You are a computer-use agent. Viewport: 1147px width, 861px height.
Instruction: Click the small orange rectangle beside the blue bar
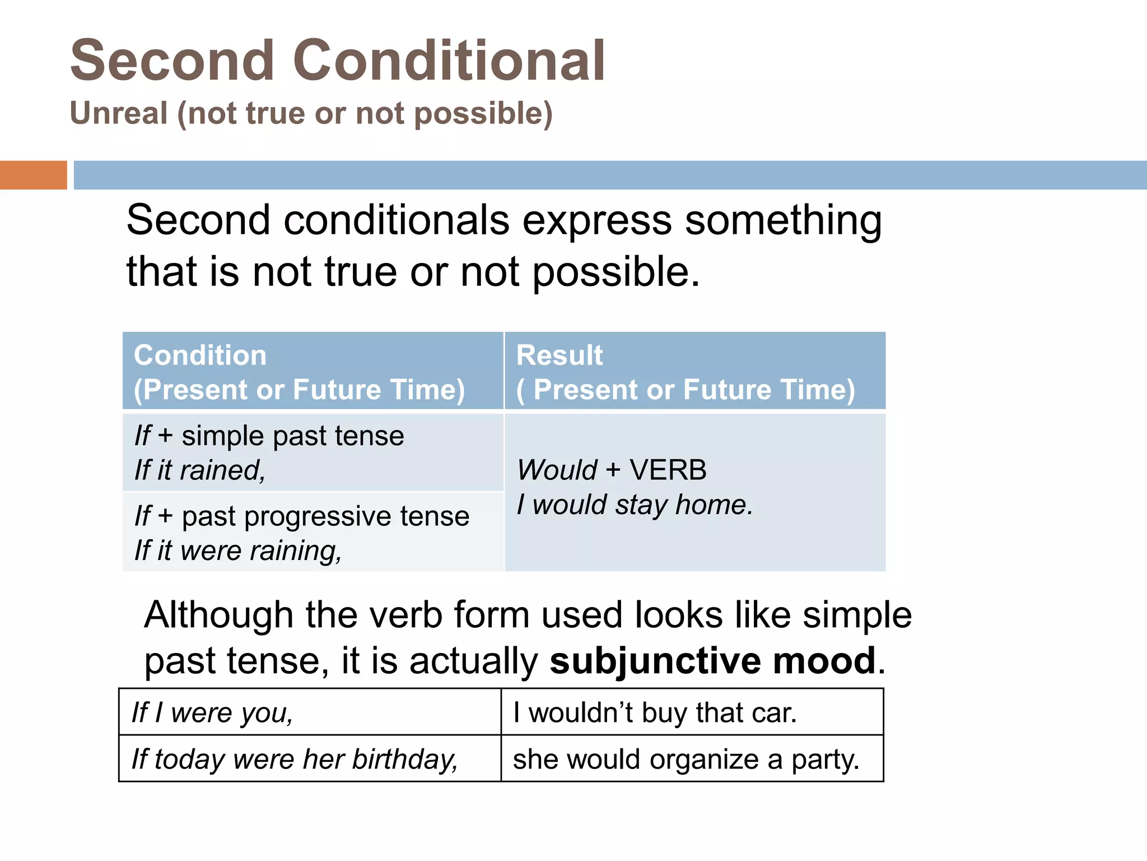(x=33, y=175)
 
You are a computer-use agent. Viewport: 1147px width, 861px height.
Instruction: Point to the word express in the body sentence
(x=596, y=220)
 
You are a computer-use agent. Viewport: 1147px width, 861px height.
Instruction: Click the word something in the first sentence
(x=784, y=220)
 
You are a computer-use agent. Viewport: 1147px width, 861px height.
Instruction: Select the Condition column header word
(x=200, y=355)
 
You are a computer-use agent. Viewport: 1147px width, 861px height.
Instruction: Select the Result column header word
(x=559, y=355)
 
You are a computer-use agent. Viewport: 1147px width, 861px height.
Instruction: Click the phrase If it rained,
(x=200, y=470)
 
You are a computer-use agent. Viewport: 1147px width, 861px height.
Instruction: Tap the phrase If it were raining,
(x=238, y=550)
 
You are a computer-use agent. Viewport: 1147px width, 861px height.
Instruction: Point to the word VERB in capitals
(x=668, y=470)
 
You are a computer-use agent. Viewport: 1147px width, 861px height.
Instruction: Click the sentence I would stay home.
(x=635, y=504)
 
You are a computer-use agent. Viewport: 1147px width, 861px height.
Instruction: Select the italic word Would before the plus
(x=557, y=470)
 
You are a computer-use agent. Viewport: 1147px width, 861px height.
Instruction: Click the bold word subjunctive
(x=655, y=661)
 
